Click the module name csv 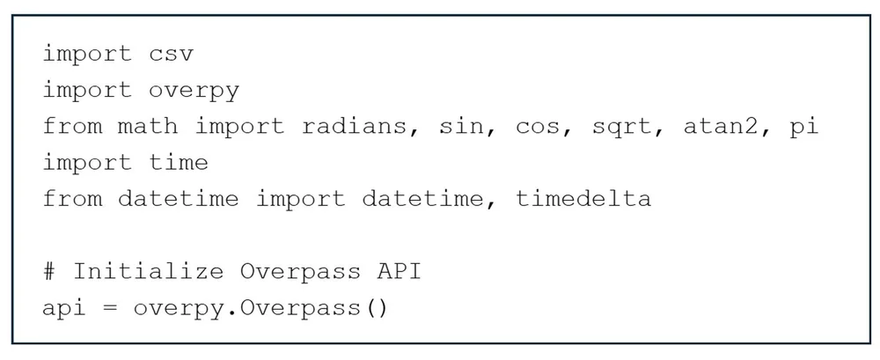(x=171, y=54)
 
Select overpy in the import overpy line (x=194, y=90)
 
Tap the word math (x=148, y=126)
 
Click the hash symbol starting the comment (x=50, y=270)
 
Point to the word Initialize (x=148, y=271)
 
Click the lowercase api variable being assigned (x=65, y=307)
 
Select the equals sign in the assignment (x=110, y=307)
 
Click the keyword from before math (x=72, y=126)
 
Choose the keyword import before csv (x=87, y=54)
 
